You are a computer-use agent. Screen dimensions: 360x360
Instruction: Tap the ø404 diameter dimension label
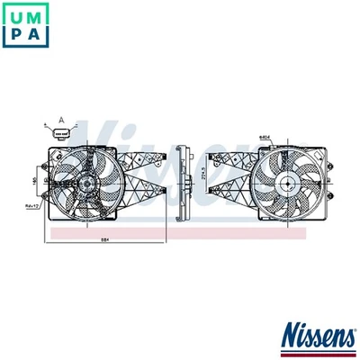pyautogui.click(x=266, y=137)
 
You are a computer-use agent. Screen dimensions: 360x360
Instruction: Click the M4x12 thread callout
pyautogui.click(x=35, y=206)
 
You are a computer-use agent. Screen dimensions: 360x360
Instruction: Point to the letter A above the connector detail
pyautogui.click(x=61, y=119)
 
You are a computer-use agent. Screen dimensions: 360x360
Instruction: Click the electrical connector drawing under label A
pyautogui.click(x=61, y=134)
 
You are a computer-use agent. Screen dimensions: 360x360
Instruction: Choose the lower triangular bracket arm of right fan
pyautogui.click(x=229, y=200)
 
